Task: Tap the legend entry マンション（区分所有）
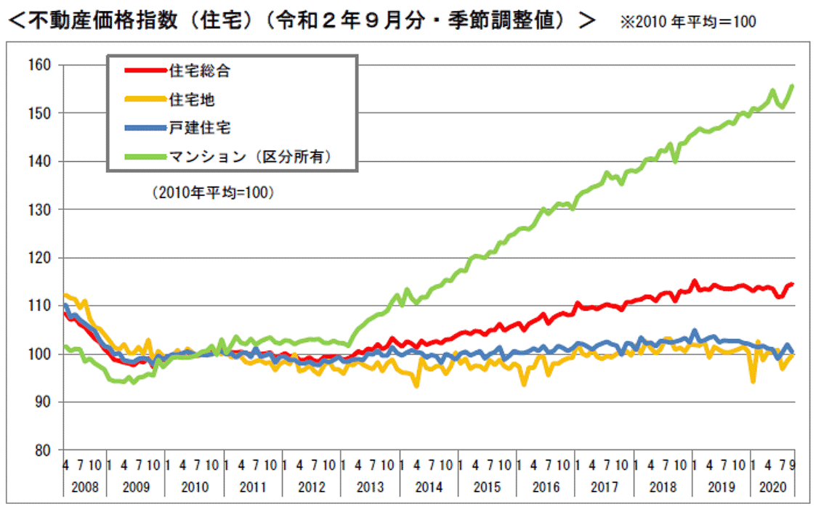click(x=250, y=156)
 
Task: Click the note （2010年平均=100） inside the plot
click(x=208, y=194)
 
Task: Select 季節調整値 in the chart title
click(x=513, y=20)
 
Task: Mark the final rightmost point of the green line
click(x=792, y=85)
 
